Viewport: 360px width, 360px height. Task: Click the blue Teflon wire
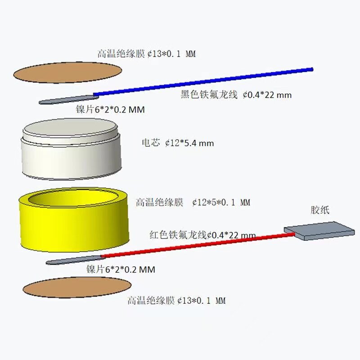point(202,82)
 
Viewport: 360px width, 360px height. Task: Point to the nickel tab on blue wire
point(67,99)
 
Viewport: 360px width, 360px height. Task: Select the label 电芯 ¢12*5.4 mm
point(178,143)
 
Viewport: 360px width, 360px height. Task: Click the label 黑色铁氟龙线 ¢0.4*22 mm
point(236,95)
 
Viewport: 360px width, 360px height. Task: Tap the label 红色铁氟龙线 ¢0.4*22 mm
point(202,235)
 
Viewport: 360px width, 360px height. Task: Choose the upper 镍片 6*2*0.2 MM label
point(110,109)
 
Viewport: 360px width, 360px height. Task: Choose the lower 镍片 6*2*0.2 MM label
point(121,270)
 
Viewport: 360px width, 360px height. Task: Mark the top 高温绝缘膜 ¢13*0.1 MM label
point(147,54)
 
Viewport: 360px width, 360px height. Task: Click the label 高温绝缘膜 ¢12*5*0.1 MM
point(193,202)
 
